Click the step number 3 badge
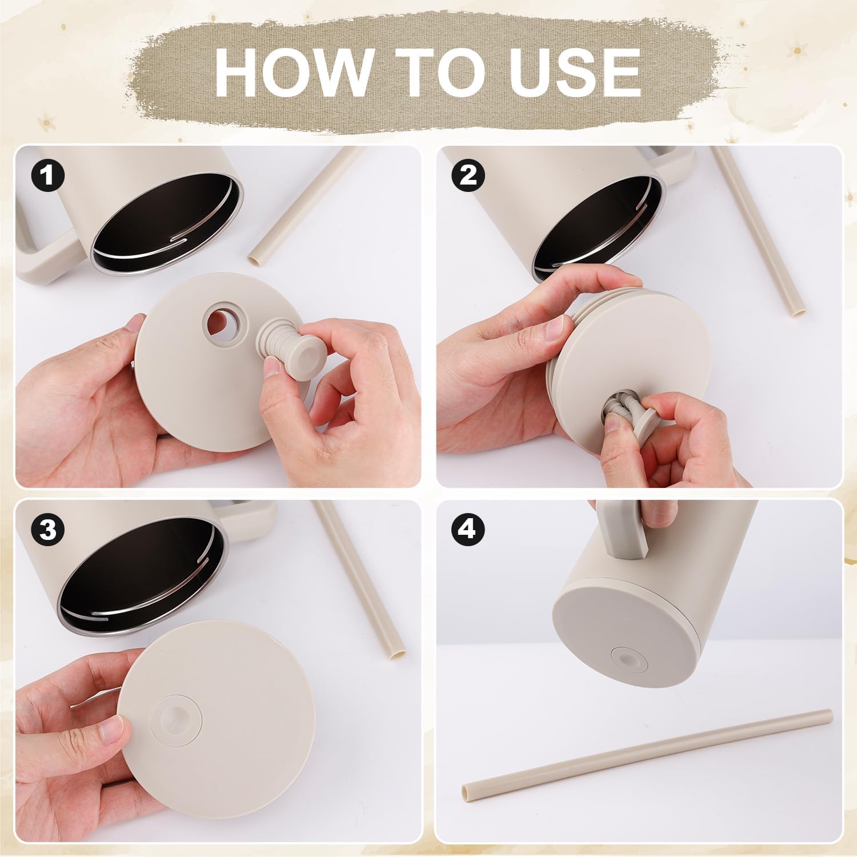48,530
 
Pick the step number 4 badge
468,530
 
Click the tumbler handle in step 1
43,251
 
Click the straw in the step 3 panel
360,577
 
